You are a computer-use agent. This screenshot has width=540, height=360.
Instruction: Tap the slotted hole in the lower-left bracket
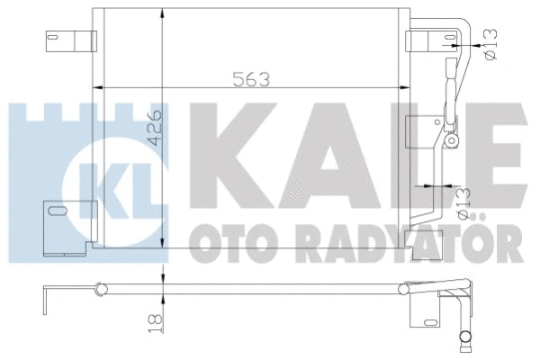59,213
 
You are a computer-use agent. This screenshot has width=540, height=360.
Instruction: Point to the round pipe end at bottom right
464,339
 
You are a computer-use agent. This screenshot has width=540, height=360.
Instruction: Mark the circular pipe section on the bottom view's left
101,291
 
